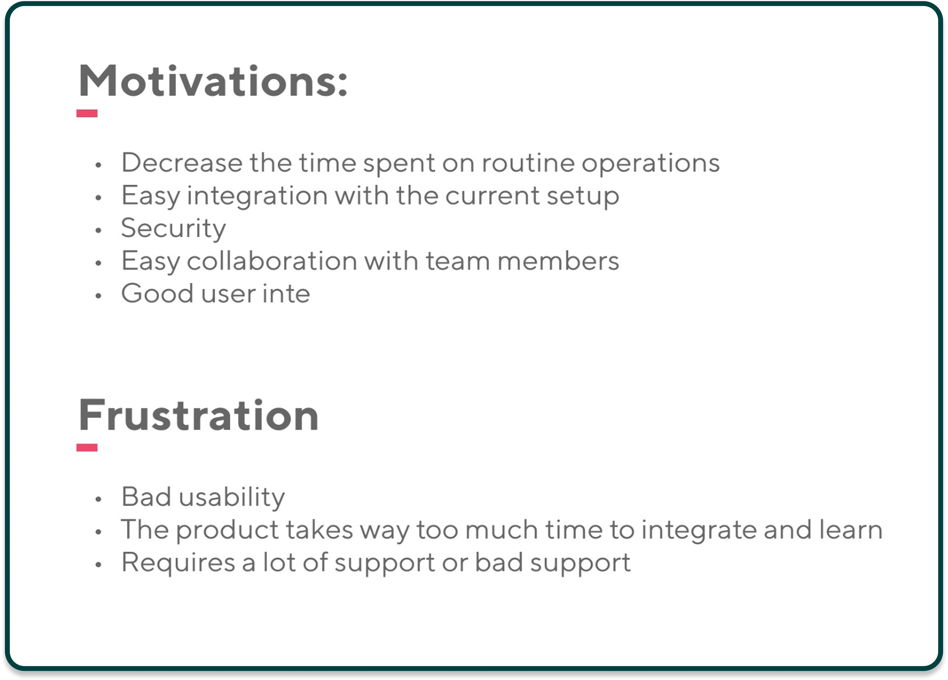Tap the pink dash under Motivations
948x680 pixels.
[87, 113]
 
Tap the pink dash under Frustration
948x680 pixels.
[87, 448]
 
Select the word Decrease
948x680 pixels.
[182, 162]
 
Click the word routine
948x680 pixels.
[528, 162]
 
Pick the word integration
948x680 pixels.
[257, 196]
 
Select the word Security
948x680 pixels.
[174, 229]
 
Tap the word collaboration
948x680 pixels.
[272, 261]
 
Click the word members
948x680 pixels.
[558, 261]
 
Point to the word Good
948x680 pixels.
[158, 293]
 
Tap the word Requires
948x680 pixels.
[178, 563]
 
